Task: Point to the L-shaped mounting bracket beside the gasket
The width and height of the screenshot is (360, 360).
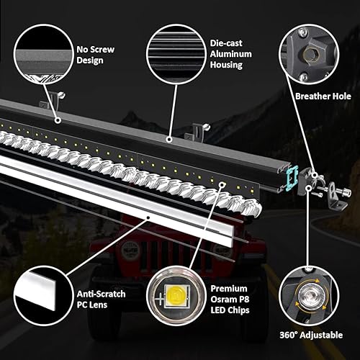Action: pyautogui.click(x=332, y=195)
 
